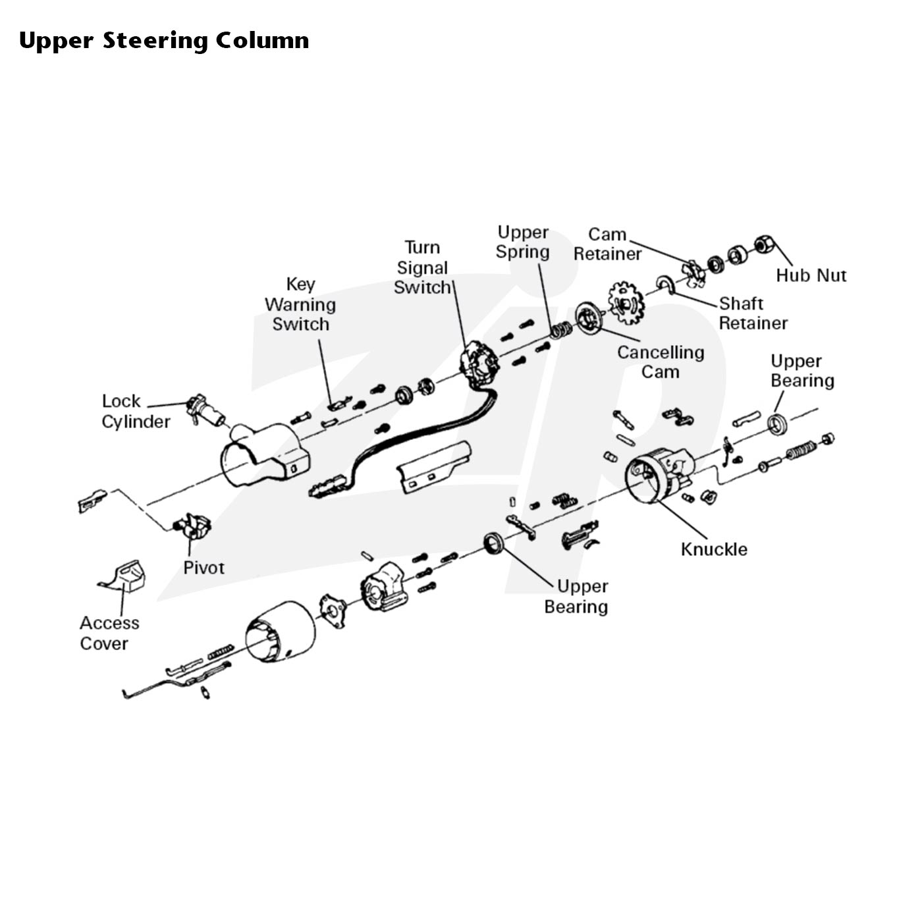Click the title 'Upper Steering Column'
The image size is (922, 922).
click(x=163, y=41)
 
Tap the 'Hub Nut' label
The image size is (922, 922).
click(x=811, y=275)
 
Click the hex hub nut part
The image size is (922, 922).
click(x=764, y=244)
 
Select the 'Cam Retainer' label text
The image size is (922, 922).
click(x=607, y=244)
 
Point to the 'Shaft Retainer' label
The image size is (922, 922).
click(x=753, y=313)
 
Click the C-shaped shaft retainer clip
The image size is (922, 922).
click(x=666, y=285)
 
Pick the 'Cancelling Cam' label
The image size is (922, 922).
click(x=661, y=362)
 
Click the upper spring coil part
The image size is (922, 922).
click(x=560, y=330)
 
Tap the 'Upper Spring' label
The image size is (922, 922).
click(x=522, y=242)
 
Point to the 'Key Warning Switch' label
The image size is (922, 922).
click(x=300, y=304)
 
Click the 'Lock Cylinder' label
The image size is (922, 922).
click(x=136, y=412)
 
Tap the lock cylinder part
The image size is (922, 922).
click(x=205, y=410)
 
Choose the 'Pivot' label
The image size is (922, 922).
click(x=203, y=568)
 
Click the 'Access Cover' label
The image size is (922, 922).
click(x=109, y=633)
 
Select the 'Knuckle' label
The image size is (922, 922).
click(x=714, y=549)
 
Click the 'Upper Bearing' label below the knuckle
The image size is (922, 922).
click(x=576, y=597)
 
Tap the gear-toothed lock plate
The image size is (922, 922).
click(x=626, y=303)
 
